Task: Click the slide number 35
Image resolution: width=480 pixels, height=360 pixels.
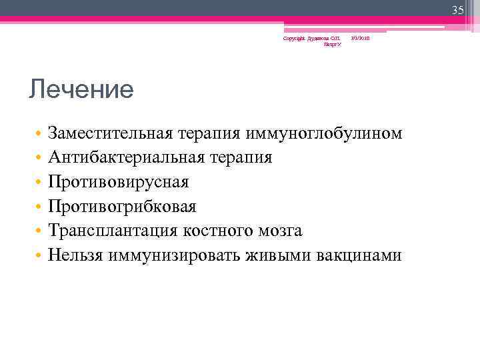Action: click(457, 10)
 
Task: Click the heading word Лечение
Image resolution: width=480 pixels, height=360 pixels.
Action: click(81, 89)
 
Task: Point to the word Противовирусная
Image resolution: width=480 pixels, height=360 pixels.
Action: click(119, 182)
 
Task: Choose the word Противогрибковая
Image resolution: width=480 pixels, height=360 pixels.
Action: click(122, 207)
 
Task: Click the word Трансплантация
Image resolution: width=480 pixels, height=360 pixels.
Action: click(111, 231)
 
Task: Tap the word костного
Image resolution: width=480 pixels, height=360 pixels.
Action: click(219, 231)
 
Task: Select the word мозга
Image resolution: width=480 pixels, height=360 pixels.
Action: click(282, 231)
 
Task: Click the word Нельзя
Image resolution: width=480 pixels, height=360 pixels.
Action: click(76, 255)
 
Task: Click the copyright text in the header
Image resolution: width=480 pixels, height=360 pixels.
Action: click(312, 41)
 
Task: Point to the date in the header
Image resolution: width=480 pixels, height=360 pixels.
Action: click(361, 38)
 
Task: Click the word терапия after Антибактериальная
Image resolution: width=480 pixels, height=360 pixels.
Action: click(240, 158)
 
